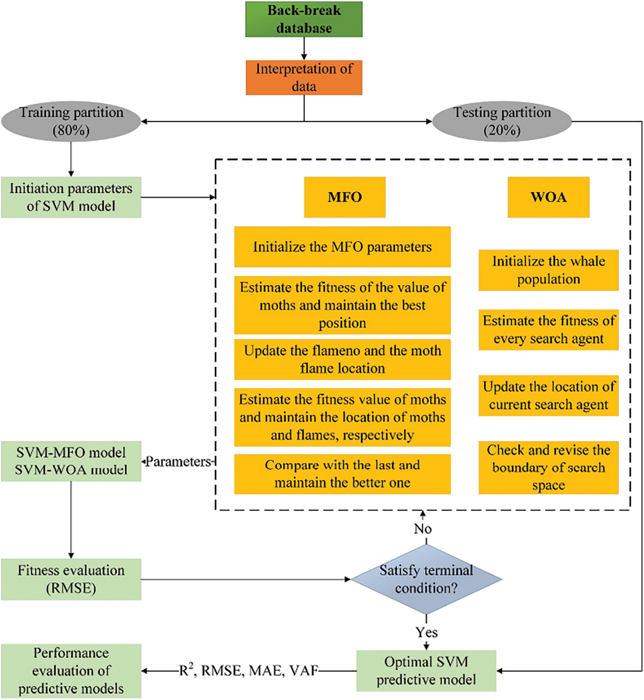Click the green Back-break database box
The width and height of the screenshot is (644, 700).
[304, 19]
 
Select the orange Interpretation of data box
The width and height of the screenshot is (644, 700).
[304, 78]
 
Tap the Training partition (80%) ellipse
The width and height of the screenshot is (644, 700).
[71, 121]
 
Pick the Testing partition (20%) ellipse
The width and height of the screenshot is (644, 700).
[502, 121]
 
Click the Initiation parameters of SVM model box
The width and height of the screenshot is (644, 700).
[71, 197]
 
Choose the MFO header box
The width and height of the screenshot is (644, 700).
[345, 197]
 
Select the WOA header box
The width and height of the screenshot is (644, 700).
[549, 197]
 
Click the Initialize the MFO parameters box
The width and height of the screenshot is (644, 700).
[342, 247]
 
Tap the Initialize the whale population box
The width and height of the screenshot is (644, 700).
[549, 270]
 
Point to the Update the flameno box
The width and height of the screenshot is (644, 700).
[342, 360]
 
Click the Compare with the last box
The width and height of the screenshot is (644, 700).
[342, 474]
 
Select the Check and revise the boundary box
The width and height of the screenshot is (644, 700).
[549, 467]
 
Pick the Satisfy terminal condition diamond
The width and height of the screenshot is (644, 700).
[426, 579]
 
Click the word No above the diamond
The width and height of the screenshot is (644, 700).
[423, 529]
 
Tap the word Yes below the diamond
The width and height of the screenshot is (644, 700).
[426, 632]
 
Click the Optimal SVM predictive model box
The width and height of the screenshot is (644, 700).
[426, 671]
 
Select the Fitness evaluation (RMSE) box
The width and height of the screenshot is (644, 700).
[71, 579]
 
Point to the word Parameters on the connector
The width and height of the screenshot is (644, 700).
[178, 462]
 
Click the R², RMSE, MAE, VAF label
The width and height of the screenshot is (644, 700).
[248, 670]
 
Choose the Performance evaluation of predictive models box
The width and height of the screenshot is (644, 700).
[71, 671]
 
